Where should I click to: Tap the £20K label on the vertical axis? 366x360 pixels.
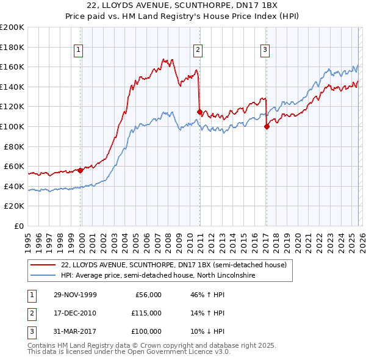14,206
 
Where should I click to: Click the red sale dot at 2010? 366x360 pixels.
199,112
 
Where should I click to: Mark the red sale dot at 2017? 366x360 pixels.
267,126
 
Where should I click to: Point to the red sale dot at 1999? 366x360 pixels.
81,170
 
